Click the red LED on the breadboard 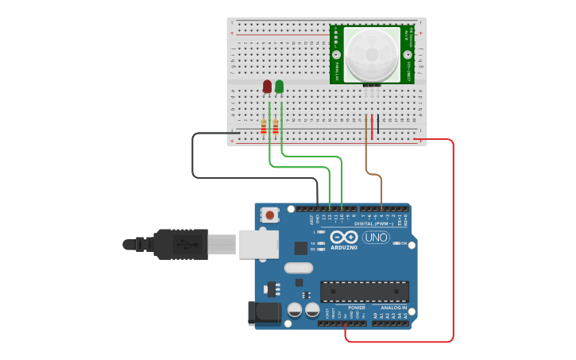(x=267, y=86)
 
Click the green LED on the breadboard (x=279, y=86)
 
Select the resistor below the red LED (x=263, y=126)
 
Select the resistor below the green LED (x=275, y=126)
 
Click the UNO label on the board (x=376, y=238)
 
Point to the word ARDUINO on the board (x=343, y=247)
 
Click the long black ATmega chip (x=365, y=292)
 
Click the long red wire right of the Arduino (x=453, y=238)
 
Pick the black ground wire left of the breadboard (x=193, y=159)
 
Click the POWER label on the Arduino (x=357, y=308)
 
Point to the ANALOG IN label (x=393, y=308)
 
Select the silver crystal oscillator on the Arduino (x=298, y=268)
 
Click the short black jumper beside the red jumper (x=378, y=123)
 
